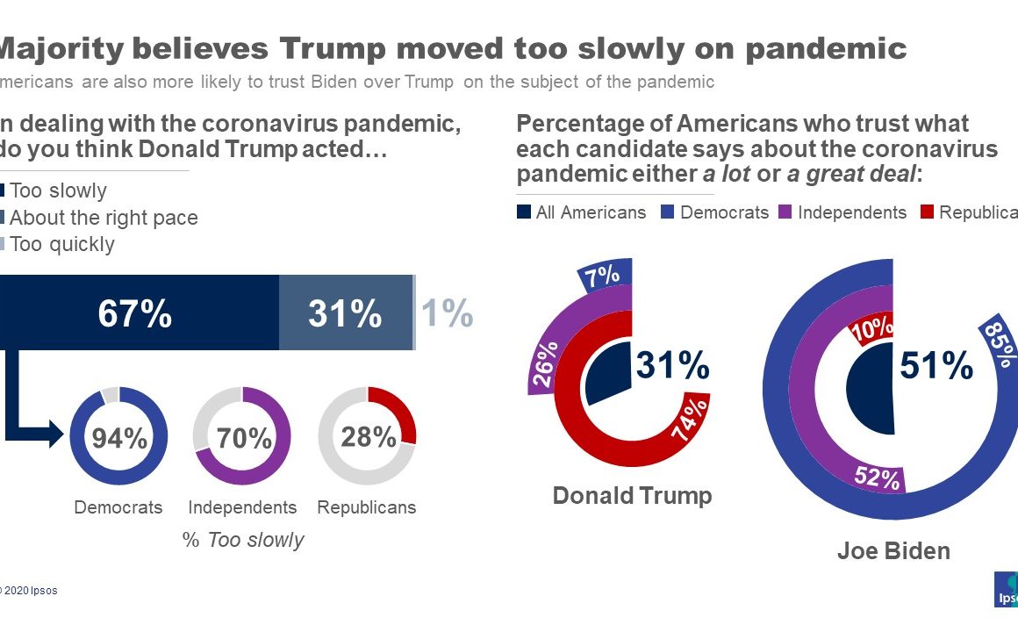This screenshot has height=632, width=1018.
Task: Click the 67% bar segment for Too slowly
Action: (135, 313)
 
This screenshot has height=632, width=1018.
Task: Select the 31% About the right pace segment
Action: (345, 313)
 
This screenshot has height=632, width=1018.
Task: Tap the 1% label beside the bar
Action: (448, 313)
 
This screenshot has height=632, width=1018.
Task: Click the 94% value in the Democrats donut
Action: (118, 436)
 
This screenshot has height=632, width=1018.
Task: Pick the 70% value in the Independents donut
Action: (243, 436)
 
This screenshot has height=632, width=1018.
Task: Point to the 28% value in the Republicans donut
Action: (368, 436)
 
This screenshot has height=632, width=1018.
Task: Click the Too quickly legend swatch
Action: (3, 244)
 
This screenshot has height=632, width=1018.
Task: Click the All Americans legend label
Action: (591, 212)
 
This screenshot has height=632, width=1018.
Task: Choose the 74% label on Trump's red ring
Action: (688, 421)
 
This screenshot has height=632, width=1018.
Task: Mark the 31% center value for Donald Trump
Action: (672, 364)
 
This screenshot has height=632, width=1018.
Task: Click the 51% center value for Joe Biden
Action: (936, 366)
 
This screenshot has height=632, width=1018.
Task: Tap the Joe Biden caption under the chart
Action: (893, 551)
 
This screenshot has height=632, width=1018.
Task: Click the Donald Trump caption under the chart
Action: (632, 496)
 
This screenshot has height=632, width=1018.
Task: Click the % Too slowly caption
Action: (243, 540)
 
